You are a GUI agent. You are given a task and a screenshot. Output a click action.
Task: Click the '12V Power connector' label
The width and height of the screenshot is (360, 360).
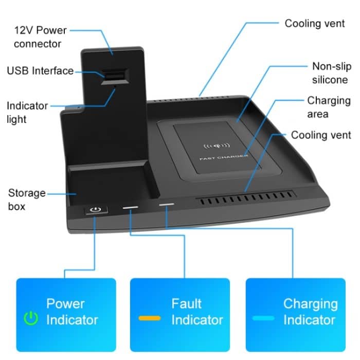click(x=41, y=36)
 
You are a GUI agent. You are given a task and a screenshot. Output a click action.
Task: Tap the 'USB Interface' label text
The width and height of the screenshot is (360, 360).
click(x=40, y=71)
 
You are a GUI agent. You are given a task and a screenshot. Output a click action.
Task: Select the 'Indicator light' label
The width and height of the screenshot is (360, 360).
click(x=27, y=112)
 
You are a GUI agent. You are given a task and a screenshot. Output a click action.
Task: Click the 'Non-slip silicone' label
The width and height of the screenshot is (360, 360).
click(x=330, y=73)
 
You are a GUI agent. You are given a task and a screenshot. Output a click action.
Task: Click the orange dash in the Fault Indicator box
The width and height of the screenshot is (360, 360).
click(x=150, y=318)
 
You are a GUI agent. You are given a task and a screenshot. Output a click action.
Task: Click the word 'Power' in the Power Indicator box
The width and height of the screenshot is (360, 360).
click(x=65, y=303)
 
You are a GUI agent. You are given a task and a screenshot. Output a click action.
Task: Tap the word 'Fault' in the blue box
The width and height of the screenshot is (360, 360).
click(x=186, y=303)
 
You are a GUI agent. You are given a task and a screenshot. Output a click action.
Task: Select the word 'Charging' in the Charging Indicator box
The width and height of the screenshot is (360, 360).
click(x=310, y=303)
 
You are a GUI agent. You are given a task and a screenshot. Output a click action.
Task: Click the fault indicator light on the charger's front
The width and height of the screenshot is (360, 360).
click(x=130, y=208)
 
